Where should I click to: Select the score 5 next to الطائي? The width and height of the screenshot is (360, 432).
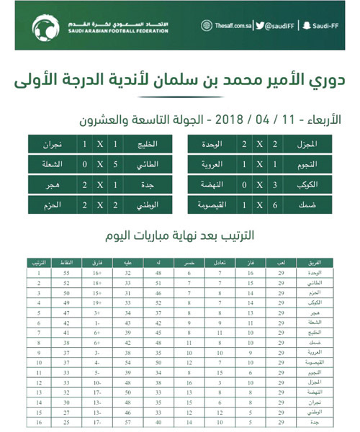pos(117,163)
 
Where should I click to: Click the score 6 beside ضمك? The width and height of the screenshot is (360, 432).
pos(276,204)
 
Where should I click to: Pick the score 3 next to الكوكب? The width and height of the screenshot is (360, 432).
pos(276,184)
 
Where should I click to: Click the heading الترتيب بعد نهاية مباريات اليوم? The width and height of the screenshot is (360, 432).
pos(180,235)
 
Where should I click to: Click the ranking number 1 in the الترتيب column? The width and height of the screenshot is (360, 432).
pos(38,274)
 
